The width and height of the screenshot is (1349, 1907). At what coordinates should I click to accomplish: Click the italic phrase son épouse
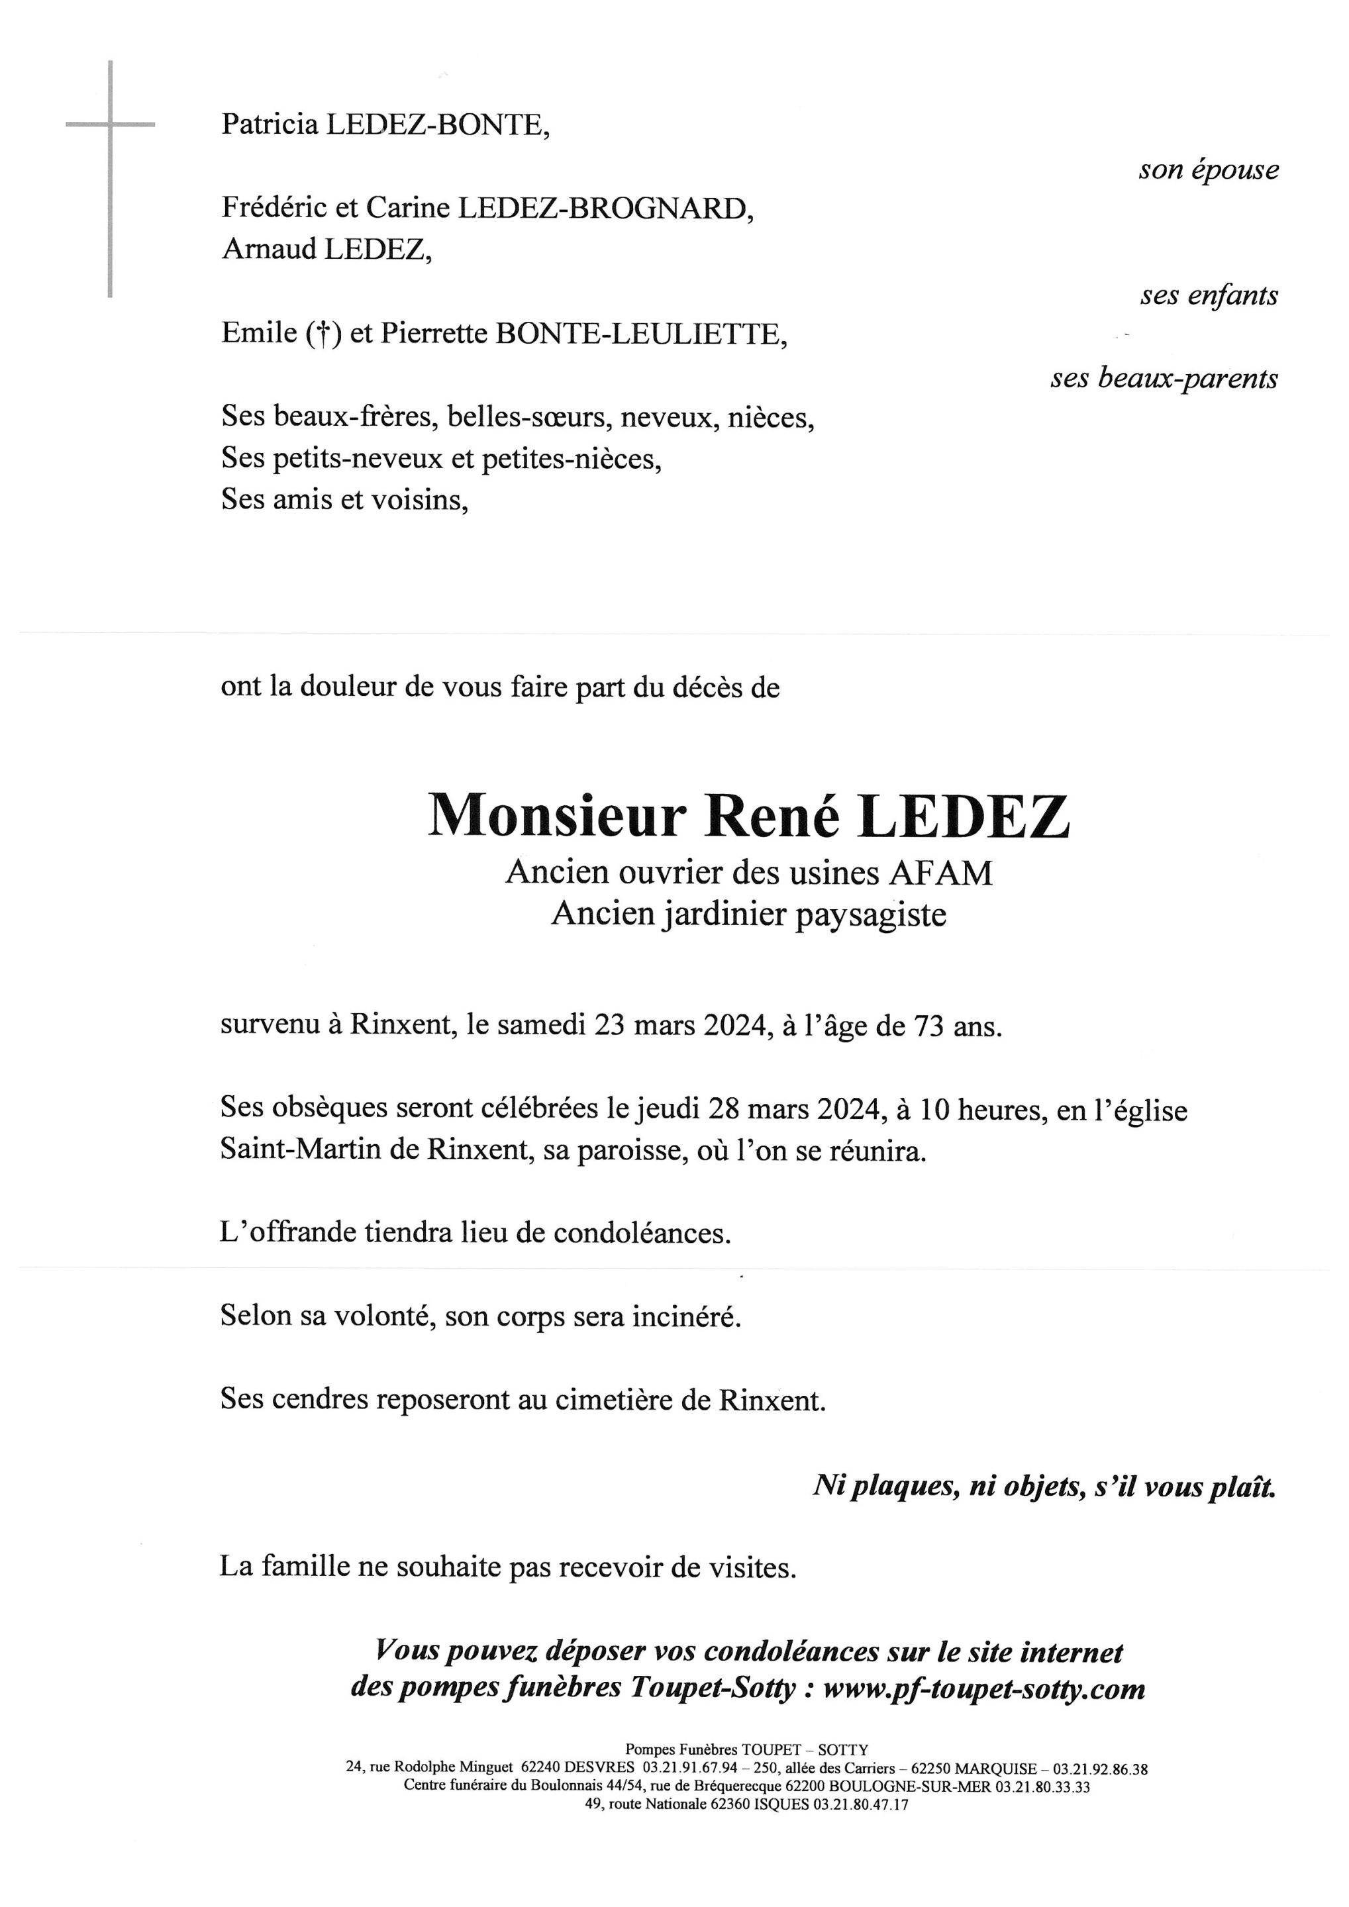(1209, 170)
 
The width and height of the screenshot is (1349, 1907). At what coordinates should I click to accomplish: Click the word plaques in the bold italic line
(898, 1486)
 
